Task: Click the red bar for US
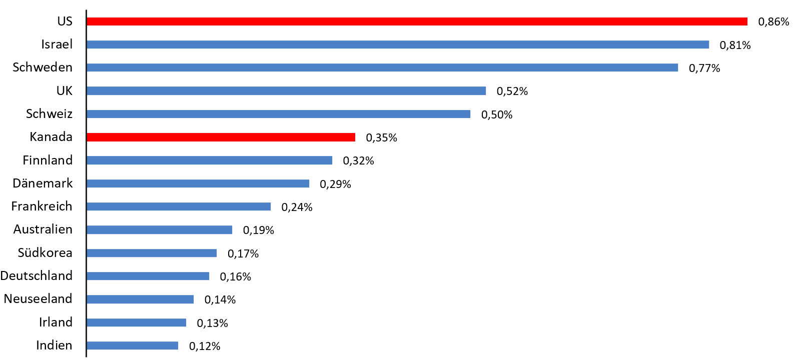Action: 416,21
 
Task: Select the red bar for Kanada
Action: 221,137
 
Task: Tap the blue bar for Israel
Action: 397,44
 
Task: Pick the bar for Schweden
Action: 382,67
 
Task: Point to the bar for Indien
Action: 132,345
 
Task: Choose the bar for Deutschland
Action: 148,276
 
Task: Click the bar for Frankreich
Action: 178,206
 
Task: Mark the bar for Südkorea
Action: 151,253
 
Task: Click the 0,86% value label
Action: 773,22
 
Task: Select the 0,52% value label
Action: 512,91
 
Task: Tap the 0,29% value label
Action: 335,184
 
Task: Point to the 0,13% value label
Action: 212,323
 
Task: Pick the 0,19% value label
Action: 258,230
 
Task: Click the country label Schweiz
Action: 49,114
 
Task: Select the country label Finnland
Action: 48,160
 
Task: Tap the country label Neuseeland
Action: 38,299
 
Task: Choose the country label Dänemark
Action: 43,183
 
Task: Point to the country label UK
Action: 64,91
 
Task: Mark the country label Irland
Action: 56,322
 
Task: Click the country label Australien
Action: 43,229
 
